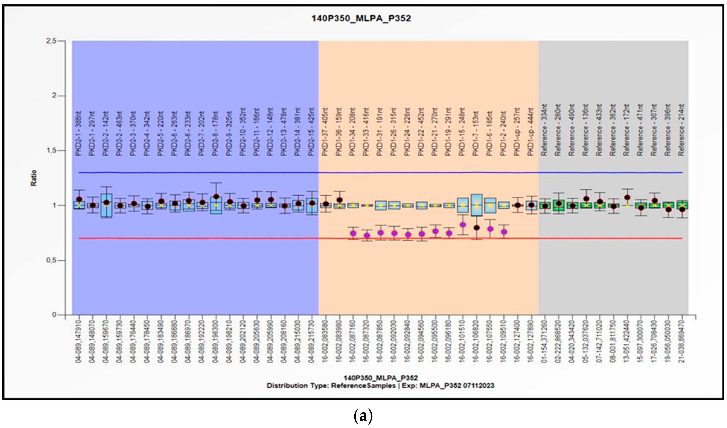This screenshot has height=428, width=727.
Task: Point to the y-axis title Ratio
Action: (34, 178)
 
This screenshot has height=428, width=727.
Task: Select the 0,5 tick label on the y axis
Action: (51, 260)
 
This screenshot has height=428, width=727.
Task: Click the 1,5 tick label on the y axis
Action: (51, 151)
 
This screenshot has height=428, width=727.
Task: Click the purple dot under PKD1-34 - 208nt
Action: (353, 233)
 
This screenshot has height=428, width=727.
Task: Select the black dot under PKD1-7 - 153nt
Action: (476, 228)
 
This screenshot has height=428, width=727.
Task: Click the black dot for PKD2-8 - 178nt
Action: (216, 197)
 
